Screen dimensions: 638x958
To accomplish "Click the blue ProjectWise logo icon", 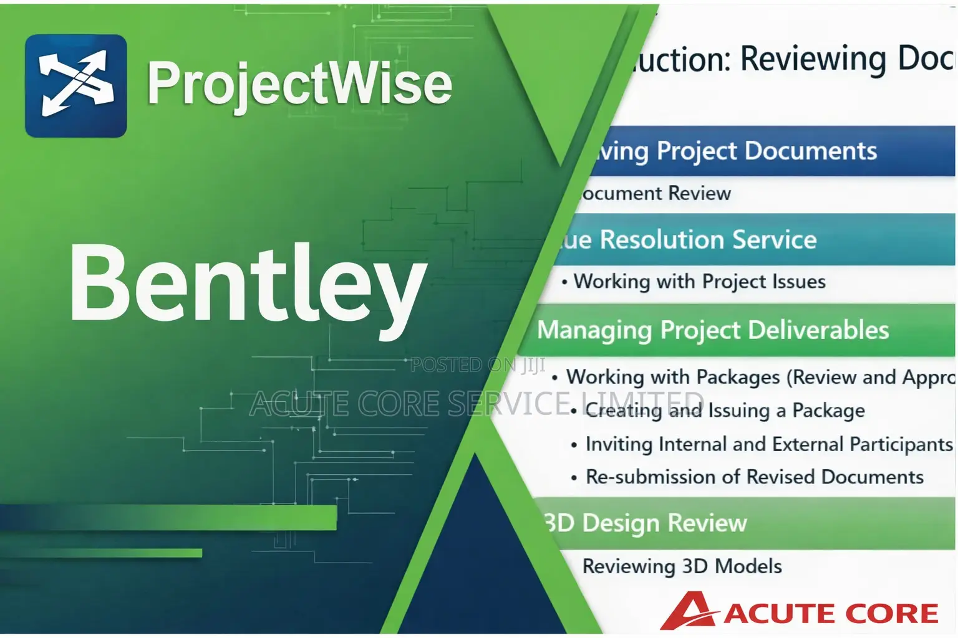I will tap(75, 86).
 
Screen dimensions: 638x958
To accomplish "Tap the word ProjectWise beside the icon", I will tap(299, 84).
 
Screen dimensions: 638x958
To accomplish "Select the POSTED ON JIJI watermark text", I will tap(478, 365).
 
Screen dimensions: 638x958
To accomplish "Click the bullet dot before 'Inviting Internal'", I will tap(574, 445).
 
